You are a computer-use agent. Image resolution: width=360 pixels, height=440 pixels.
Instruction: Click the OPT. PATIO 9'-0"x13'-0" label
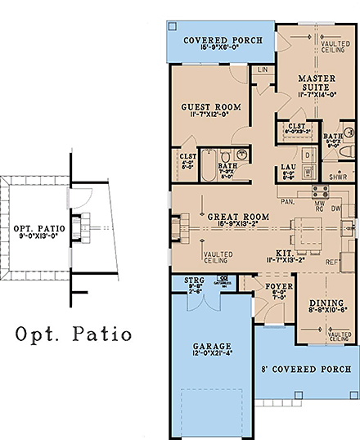click(x=33, y=228)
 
